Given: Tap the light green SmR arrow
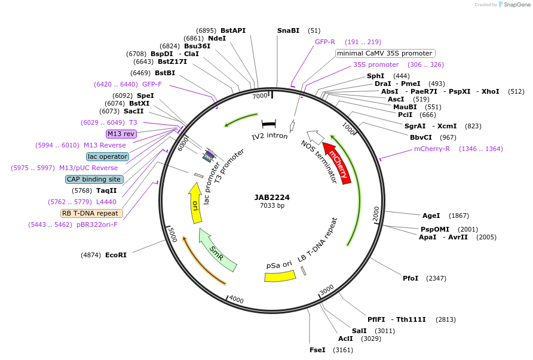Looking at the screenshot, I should [218, 250].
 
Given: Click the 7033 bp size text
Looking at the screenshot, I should [272, 206].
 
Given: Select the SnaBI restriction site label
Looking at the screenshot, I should [288, 30].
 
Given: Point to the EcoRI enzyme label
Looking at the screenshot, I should [116, 255].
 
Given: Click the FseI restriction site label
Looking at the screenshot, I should [317, 350].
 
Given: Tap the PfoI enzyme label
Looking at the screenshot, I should [411, 278].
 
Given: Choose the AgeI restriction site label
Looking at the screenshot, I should [431, 216].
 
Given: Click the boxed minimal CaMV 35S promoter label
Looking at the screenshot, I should [384, 53].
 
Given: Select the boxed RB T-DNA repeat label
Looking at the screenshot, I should [91, 213].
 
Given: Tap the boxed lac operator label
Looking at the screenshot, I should [107, 156].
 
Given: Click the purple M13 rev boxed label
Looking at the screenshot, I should [121, 134].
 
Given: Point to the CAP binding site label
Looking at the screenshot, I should [94, 179].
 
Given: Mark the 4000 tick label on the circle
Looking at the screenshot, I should [236, 299].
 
